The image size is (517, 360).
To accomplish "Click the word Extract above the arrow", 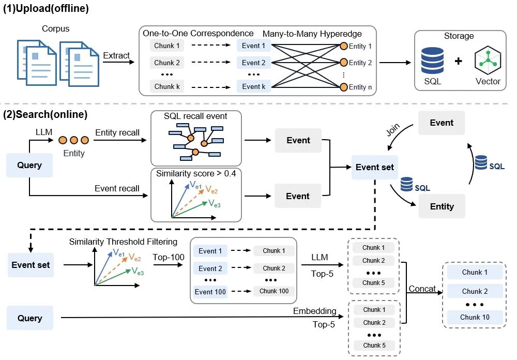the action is (x=116, y=55).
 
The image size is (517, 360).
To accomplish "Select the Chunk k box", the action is (x=167, y=86).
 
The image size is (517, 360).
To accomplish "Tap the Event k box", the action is (x=253, y=86).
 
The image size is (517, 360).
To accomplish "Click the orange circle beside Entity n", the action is (x=344, y=87).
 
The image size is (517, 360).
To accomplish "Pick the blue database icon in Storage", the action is (x=432, y=61).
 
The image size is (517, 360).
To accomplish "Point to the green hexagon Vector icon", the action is (x=488, y=60).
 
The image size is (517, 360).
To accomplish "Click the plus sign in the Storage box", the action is (x=458, y=61).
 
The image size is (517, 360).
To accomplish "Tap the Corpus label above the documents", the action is (x=55, y=29).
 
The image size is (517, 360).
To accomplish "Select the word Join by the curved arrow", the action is (x=393, y=130).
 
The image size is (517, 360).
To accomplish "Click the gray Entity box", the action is (x=442, y=206).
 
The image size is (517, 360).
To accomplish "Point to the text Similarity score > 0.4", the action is (x=196, y=174).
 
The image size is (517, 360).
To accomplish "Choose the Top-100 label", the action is (x=169, y=257).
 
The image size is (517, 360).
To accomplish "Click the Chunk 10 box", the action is (x=475, y=317).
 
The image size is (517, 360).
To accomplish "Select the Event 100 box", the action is (x=210, y=292).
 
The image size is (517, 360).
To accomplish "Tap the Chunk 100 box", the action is (x=273, y=291).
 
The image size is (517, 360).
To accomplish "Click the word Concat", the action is (x=422, y=289).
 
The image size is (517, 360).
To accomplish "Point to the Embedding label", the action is (x=314, y=311).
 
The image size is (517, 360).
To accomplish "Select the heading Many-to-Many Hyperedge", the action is (x=312, y=34).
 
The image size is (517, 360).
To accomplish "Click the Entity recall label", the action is (x=117, y=132).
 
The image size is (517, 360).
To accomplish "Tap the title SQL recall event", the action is (x=195, y=116).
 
